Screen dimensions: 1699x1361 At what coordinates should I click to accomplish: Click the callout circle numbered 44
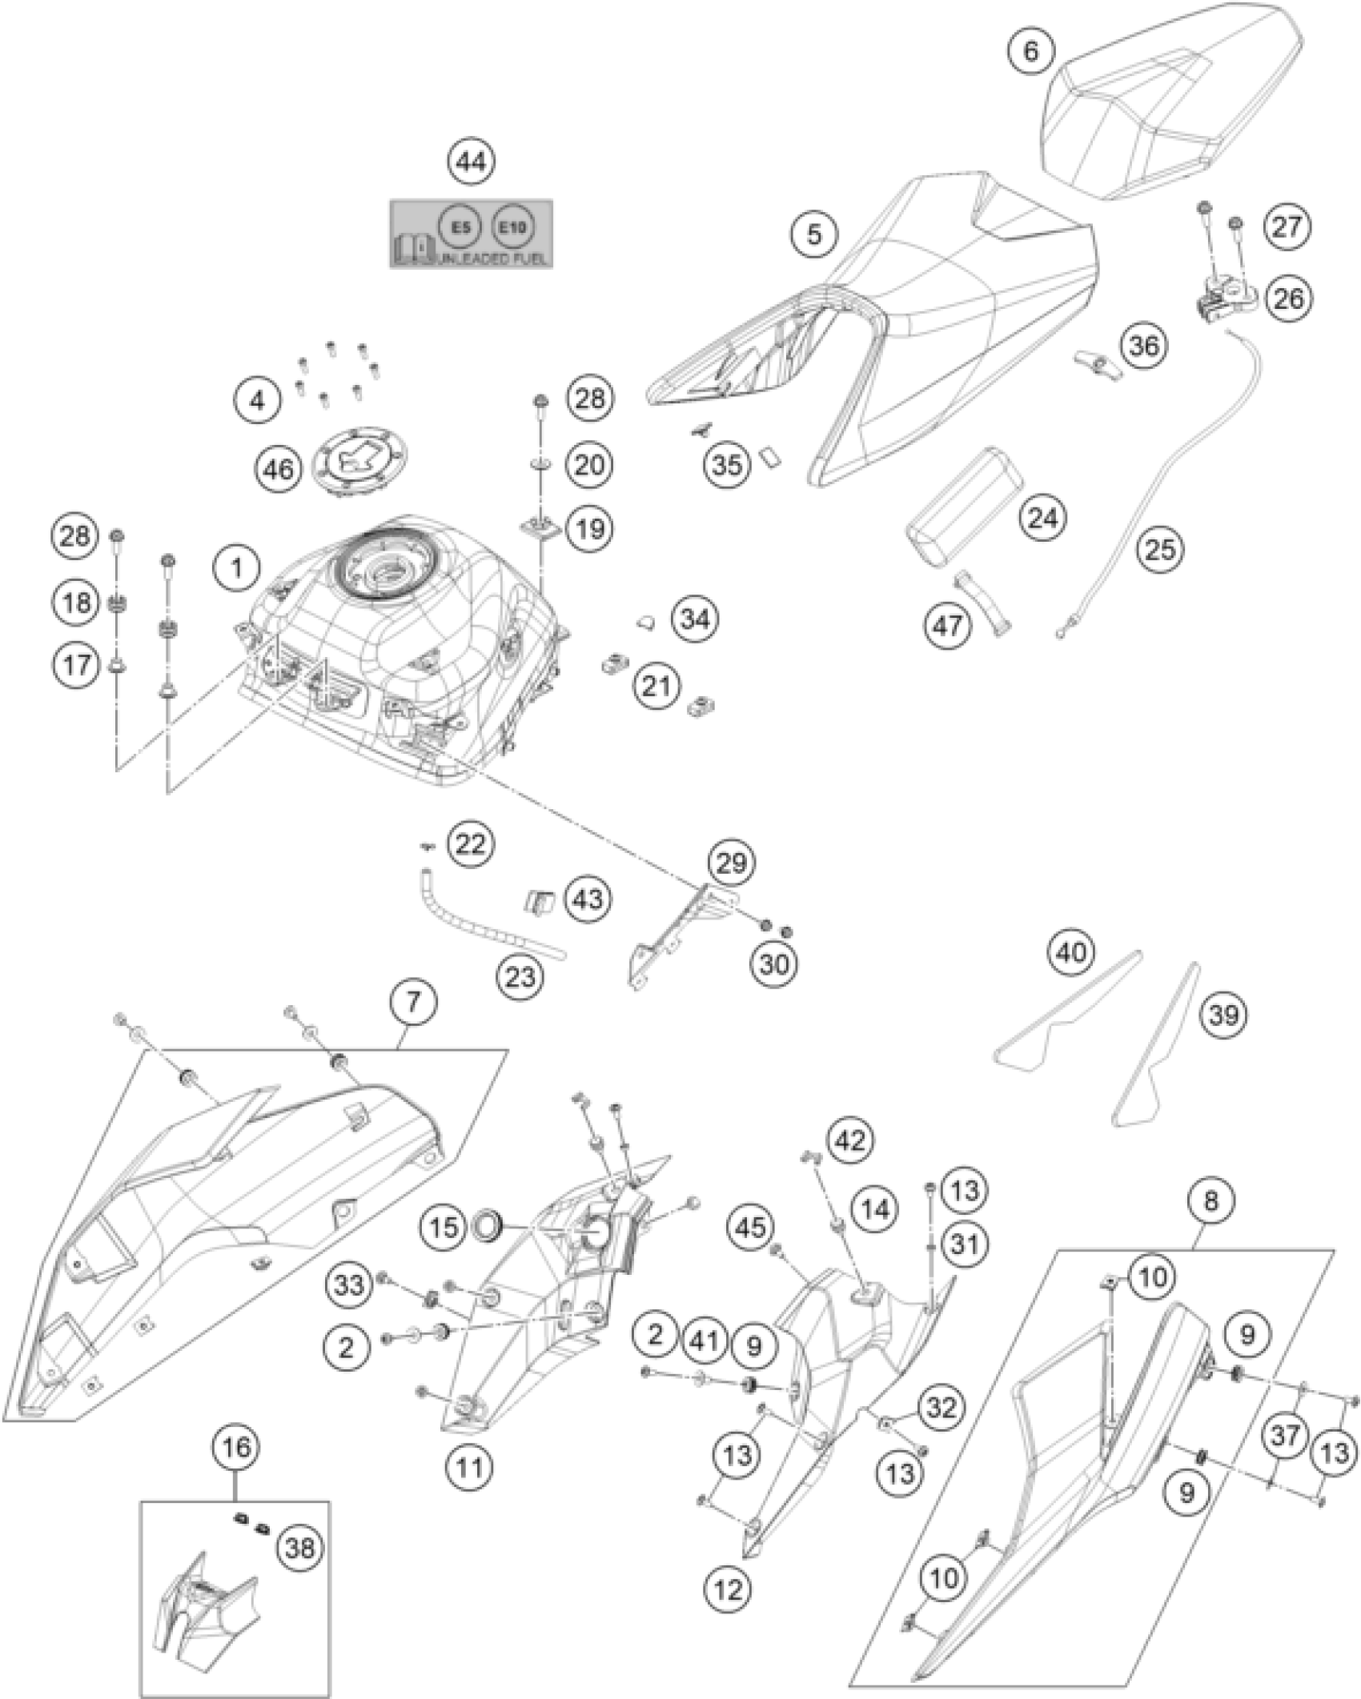point(471,162)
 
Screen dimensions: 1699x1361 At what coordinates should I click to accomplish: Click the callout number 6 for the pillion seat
point(1030,50)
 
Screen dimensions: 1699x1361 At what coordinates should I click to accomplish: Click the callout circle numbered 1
point(237,568)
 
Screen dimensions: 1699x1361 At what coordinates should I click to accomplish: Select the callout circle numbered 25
point(1162,548)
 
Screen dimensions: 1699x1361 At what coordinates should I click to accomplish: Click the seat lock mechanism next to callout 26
point(1222,299)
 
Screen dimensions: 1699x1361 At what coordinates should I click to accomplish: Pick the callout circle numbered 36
point(1144,346)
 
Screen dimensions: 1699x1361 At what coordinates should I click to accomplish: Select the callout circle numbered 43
point(587,898)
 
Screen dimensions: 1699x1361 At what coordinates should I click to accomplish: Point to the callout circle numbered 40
point(1072,952)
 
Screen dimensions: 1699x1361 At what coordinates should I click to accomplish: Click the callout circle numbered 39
point(1224,1016)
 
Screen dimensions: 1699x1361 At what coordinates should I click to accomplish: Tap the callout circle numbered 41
point(705,1337)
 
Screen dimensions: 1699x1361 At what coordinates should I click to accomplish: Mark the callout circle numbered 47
point(949,625)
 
